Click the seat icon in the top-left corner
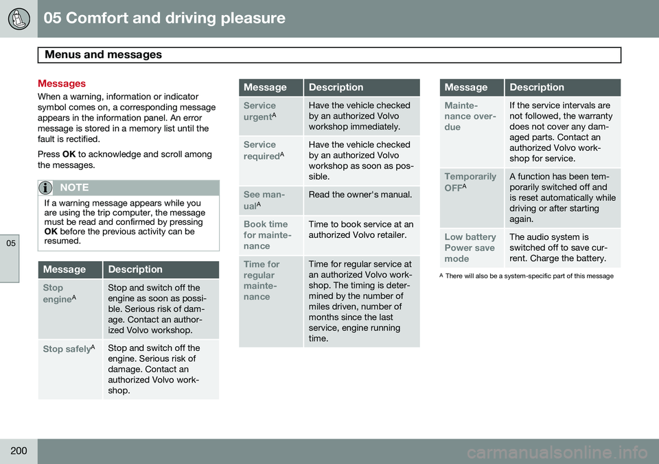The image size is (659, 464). point(19,19)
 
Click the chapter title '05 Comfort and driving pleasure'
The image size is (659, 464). point(164,18)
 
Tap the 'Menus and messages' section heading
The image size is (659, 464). point(103,55)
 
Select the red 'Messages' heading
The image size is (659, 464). point(62,84)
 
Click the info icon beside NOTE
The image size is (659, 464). point(45,188)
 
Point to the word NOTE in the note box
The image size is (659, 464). point(74,188)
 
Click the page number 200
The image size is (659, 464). point(19,450)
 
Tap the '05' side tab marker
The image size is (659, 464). point(11,243)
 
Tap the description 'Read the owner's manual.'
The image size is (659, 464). point(360,195)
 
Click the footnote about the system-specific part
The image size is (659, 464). point(527,276)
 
